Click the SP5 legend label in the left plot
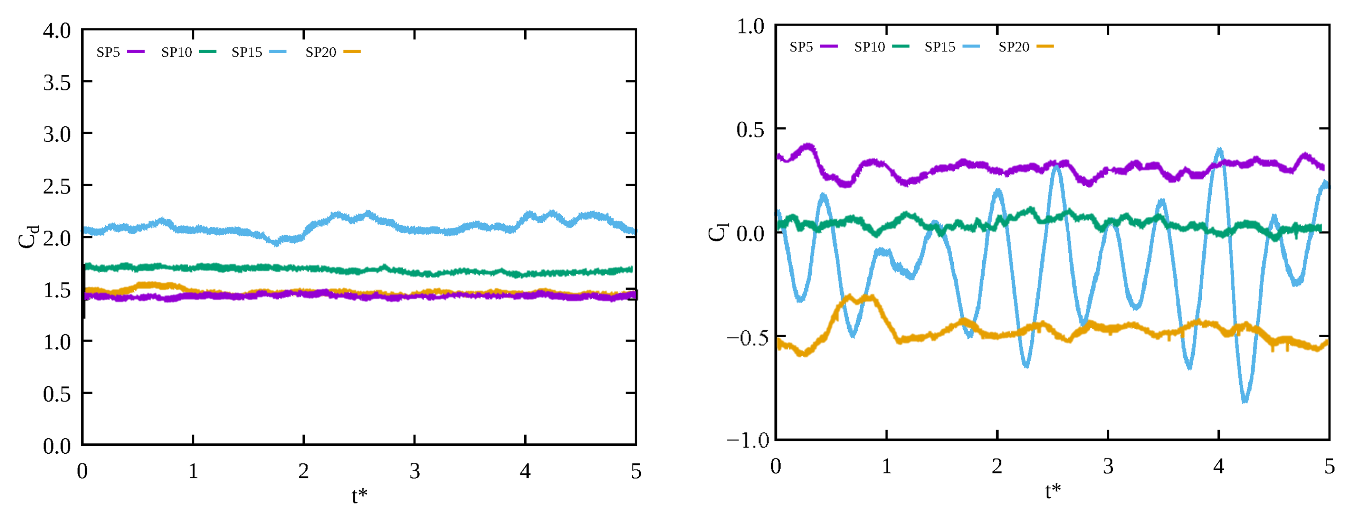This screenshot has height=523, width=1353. [x=108, y=52]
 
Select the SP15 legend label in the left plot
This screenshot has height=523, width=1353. [x=247, y=52]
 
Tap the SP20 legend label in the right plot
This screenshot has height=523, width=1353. [x=1014, y=47]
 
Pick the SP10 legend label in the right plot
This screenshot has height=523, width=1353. [x=869, y=47]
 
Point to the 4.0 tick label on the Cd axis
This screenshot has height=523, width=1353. [x=57, y=30]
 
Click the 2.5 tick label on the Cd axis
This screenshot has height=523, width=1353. [x=57, y=186]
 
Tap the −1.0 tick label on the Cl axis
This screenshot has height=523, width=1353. [x=748, y=440]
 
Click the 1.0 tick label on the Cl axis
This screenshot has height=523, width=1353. [x=751, y=26]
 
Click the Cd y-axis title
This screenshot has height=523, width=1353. [x=28, y=237]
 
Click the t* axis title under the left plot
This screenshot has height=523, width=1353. [x=359, y=495]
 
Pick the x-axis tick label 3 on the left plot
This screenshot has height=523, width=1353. [x=415, y=471]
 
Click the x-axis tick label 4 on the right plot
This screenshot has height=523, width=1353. [x=1218, y=466]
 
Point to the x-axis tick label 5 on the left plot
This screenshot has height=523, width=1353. [x=636, y=471]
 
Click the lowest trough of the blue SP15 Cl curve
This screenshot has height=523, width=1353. [x=1245, y=401]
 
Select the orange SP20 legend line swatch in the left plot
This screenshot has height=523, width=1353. [x=352, y=52]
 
